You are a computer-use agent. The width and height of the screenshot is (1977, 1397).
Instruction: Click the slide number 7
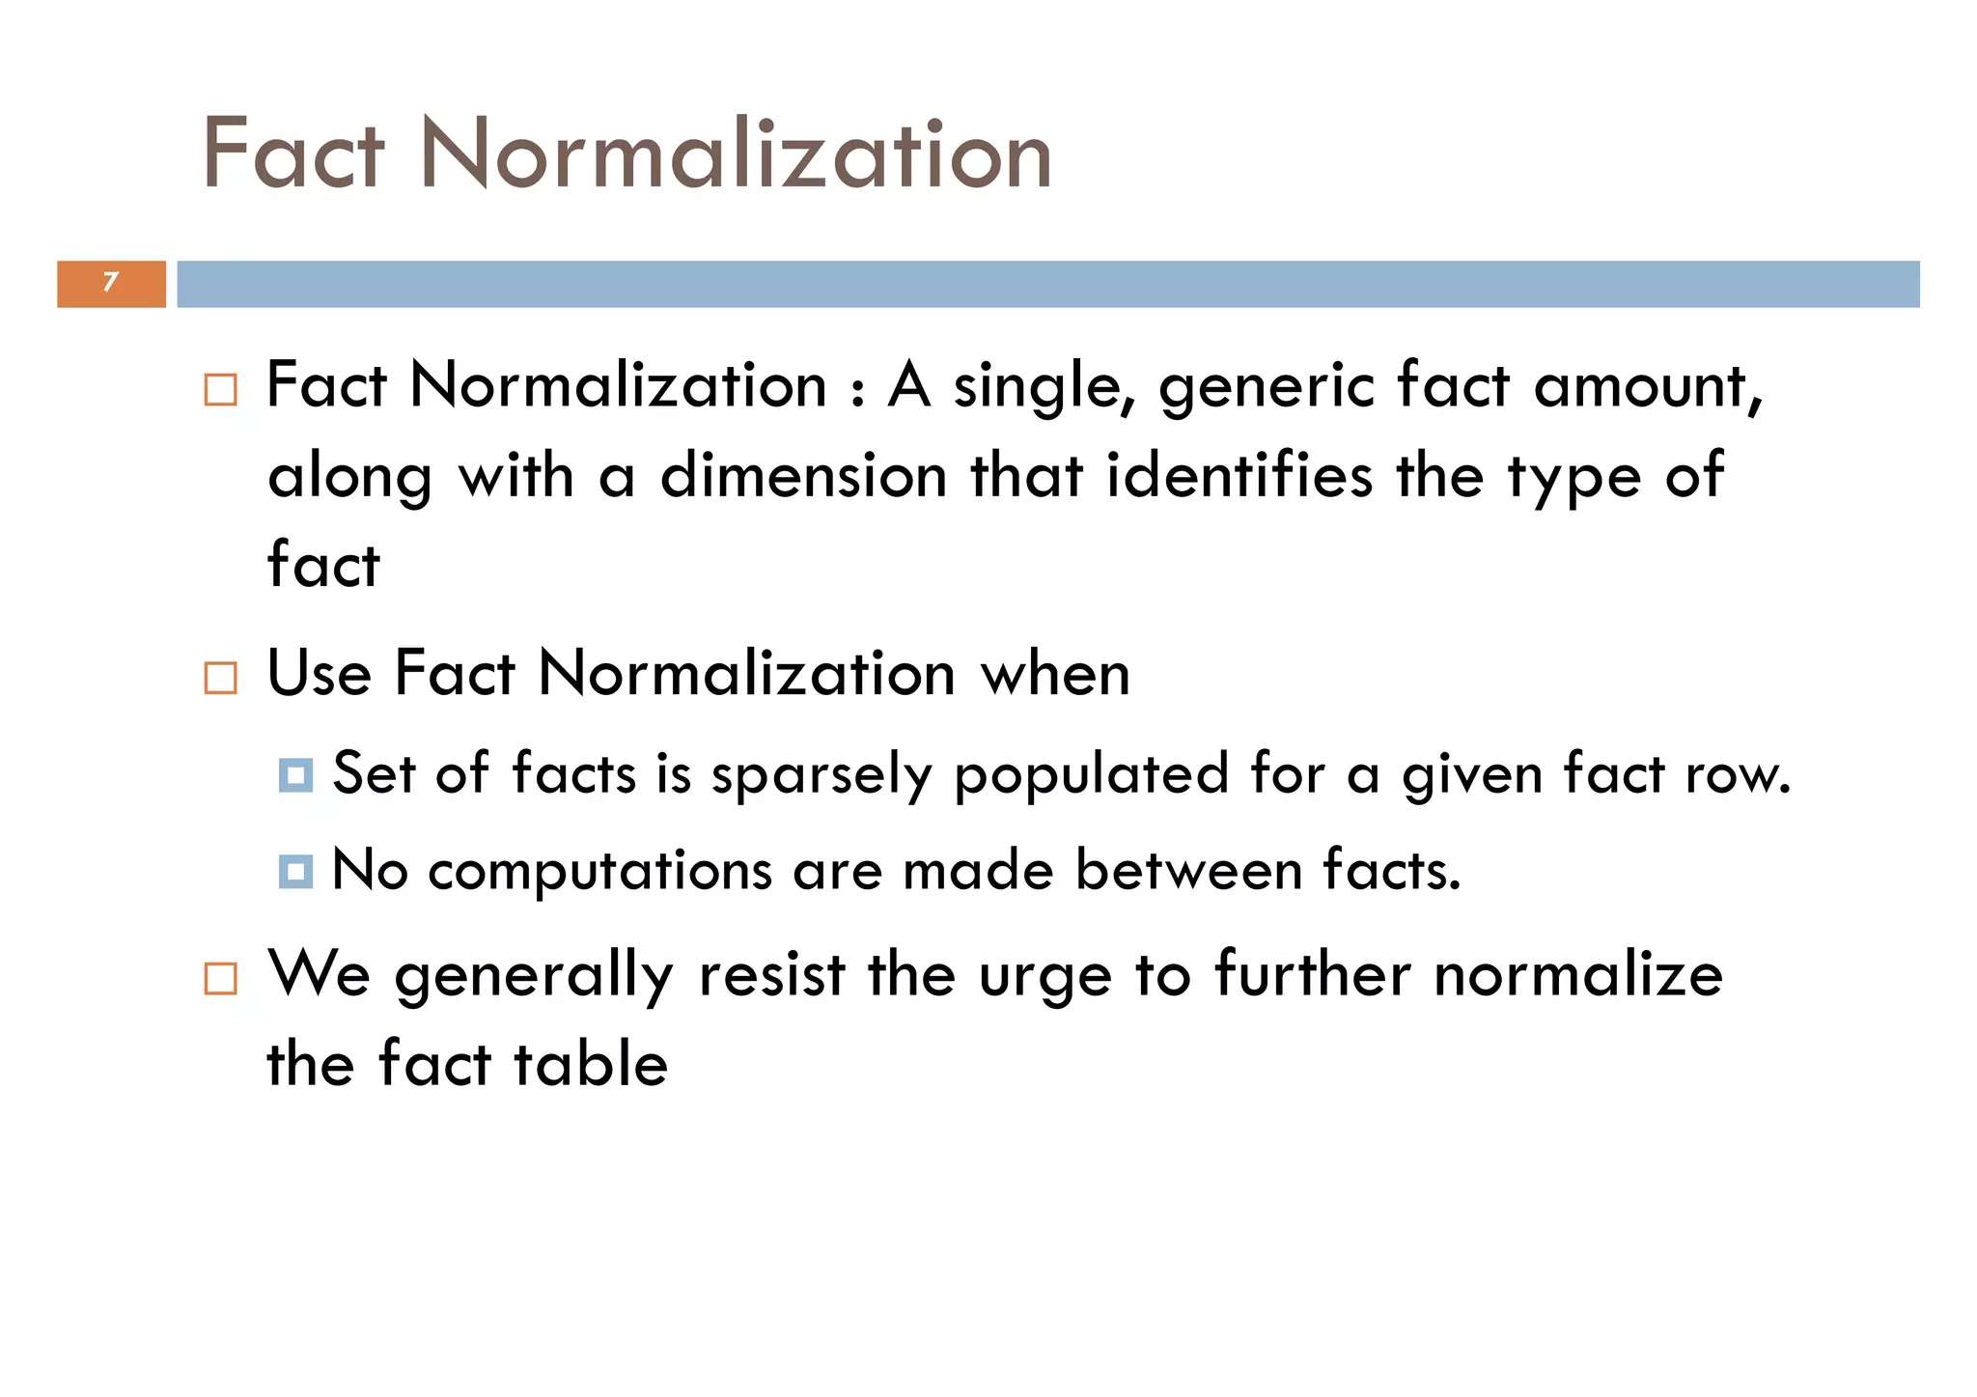point(111,282)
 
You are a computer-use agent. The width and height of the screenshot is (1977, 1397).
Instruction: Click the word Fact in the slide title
point(293,154)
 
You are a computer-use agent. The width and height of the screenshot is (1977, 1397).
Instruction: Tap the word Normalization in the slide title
point(736,154)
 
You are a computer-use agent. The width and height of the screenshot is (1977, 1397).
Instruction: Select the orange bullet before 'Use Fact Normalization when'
point(221,678)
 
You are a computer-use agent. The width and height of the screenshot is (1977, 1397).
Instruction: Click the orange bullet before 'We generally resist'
point(221,979)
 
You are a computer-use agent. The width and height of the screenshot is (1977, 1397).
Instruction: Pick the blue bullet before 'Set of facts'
point(295,775)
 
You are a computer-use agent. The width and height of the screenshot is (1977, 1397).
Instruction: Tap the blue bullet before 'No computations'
point(295,872)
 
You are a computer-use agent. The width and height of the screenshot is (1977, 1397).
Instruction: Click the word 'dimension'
point(803,476)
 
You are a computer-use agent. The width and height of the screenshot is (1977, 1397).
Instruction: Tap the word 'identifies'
point(1239,476)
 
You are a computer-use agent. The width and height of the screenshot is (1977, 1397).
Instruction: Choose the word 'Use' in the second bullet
point(319,674)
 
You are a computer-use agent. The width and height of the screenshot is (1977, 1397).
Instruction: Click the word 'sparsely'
point(821,775)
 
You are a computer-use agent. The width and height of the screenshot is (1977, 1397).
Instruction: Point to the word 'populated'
point(1092,775)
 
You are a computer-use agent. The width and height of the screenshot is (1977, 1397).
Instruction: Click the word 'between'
point(1188,870)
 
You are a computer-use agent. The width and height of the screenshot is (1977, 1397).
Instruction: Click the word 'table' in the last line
point(591,1064)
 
